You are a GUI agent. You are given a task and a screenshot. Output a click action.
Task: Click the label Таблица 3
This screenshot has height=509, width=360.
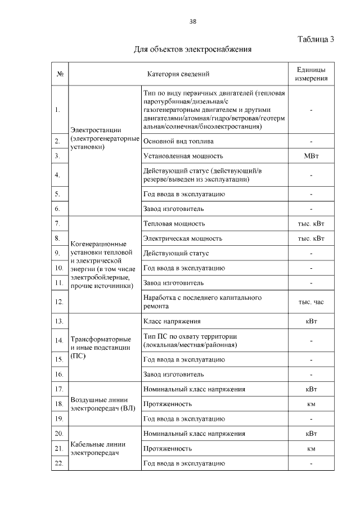click(315, 39)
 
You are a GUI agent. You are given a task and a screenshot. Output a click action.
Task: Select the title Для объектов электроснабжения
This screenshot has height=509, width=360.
click(192, 49)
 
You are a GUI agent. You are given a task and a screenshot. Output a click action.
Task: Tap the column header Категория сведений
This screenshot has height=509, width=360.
click(178, 74)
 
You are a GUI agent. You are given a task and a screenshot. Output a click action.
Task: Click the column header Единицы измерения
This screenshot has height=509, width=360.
click(311, 74)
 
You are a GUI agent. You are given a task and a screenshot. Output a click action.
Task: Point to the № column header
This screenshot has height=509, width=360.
click(60, 74)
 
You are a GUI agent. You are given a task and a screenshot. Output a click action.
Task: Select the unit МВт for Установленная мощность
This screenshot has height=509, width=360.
click(311, 156)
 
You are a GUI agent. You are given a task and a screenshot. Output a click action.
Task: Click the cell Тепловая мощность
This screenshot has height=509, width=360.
click(178, 224)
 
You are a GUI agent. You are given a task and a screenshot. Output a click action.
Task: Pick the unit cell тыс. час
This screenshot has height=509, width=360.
click(311, 301)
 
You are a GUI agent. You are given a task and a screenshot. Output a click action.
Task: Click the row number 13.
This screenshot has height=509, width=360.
click(59, 321)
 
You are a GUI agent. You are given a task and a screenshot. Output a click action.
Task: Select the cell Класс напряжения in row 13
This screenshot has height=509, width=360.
click(172, 321)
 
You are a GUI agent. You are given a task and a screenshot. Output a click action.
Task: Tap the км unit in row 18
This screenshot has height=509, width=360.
click(311, 404)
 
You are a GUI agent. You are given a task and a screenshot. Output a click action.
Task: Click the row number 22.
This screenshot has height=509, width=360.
click(59, 463)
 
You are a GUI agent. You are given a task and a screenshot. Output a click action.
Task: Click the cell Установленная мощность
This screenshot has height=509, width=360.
click(183, 156)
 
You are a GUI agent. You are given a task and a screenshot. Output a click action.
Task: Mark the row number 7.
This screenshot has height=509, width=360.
click(59, 224)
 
